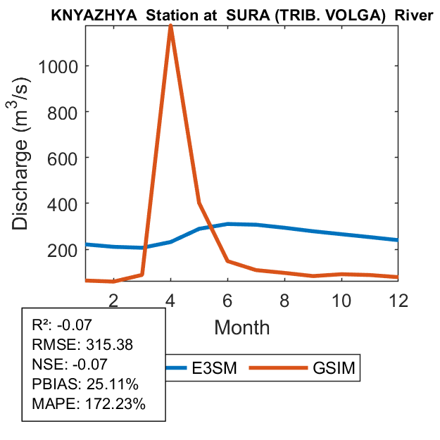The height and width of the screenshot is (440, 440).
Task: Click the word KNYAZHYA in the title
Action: [x=81, y=15]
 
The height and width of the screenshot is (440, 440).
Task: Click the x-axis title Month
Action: [x=242, y=327]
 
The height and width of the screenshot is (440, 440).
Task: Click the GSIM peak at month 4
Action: [x=170, y=26]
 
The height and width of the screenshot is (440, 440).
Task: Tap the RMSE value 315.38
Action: [x=107, y=345]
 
